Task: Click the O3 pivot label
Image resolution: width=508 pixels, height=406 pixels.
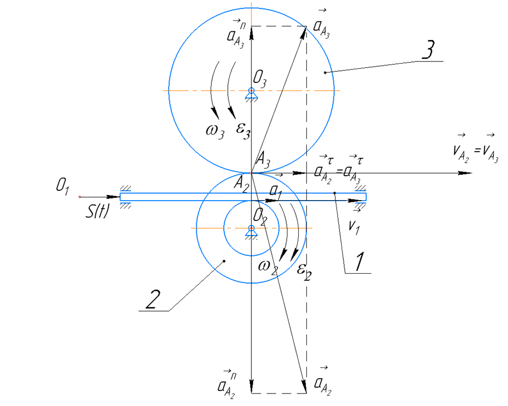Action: coord(260,79)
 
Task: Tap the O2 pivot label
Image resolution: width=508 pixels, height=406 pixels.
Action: coord(260,216)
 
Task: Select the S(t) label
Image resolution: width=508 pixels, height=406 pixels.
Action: coord(97,212)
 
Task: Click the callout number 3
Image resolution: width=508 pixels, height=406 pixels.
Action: coord(429,50)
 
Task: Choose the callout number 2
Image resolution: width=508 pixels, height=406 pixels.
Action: coord(153,300)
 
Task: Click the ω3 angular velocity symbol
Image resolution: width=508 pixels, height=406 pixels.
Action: coord(215,131)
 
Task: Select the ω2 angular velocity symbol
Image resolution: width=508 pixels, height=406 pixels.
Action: coord(268,267)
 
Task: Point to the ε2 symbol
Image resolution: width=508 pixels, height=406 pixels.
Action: coord(304,272)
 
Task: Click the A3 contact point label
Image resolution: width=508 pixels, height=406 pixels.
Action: coord(263,159)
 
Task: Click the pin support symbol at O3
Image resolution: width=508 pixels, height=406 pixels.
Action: coord(251,94)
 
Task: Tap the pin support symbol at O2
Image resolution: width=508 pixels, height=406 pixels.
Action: coord(251,232)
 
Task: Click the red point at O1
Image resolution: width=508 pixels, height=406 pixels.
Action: coord(79,197)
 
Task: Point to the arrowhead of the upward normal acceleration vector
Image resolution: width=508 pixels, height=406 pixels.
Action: coord(252,31)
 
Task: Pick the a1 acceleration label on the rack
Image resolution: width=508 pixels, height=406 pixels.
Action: coord(276,192)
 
